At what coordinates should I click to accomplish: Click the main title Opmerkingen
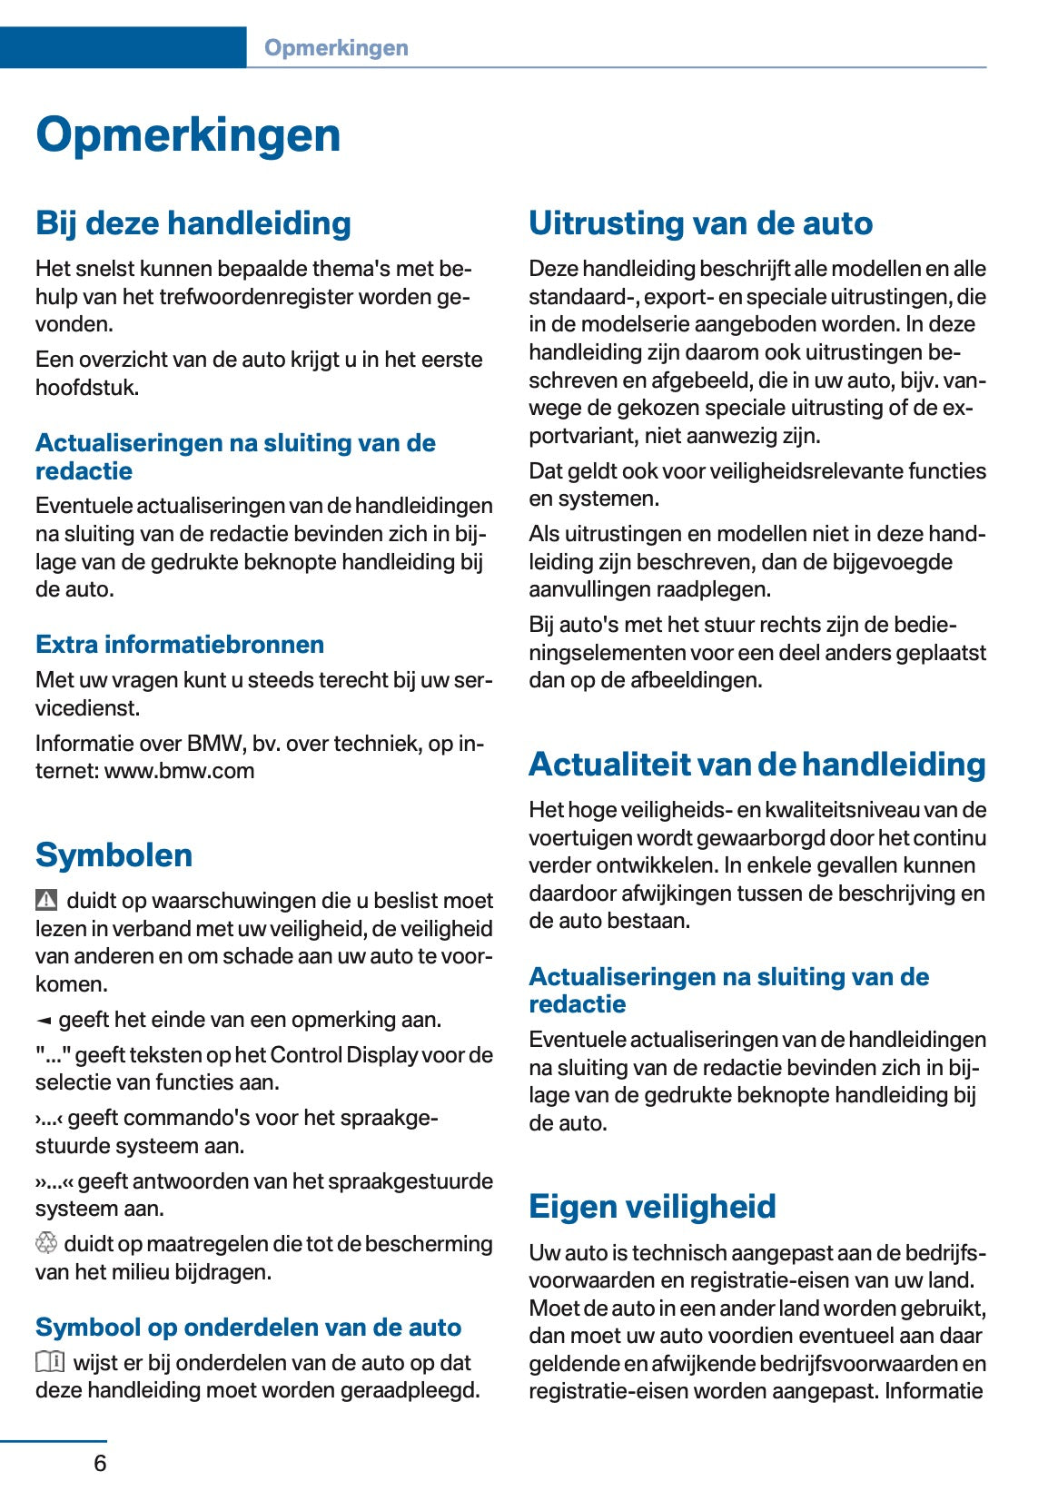click(x=188, y=135)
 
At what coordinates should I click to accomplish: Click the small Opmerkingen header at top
click(x=336, y=48)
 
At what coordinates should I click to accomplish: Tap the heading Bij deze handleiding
click(x=193, y=223)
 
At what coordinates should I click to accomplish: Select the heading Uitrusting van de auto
click(x=700, y=223)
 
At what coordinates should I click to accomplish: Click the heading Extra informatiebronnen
click(x=180, y=645)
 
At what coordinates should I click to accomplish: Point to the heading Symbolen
click(x=114, y=855)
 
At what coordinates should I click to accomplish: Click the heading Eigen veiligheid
click(x=652, y=1207)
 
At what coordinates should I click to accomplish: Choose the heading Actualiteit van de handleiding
click(x=756, y=765)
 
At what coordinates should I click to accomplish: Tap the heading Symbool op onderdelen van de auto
click(x=248, y=1328)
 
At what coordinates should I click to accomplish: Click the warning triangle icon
click(x=46, y=900)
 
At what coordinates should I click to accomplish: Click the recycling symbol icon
click(x=46, y=1243)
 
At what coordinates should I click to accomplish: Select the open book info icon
click(x=50, y=1361)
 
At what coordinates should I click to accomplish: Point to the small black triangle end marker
click(x=44, y=1021)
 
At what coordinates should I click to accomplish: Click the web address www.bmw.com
click(x=180, y=771)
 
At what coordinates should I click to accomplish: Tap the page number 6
click(x=100, y=1463)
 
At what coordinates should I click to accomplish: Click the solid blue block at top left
click(x=123, y=47)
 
